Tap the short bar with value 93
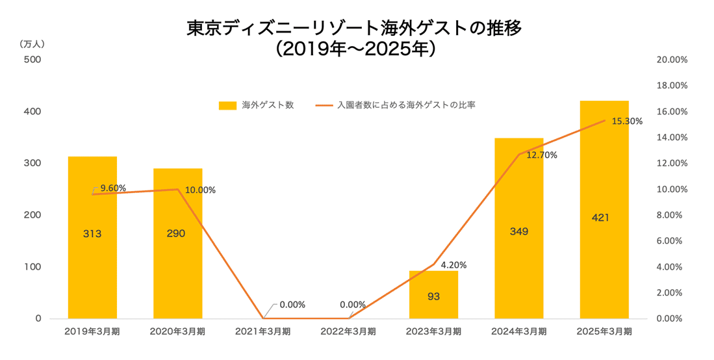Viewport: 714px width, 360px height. [433, 295]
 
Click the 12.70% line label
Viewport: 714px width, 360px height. [542, 155]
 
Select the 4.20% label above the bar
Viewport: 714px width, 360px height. [453, 265]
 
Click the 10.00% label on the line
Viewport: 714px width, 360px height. [200, 190]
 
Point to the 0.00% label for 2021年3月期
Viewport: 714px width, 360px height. [292, 305]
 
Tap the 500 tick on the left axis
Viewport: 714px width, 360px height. [32, 60]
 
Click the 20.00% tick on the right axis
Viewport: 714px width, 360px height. [672, 60]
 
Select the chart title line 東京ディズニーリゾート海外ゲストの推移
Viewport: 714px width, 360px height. [354, 28]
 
